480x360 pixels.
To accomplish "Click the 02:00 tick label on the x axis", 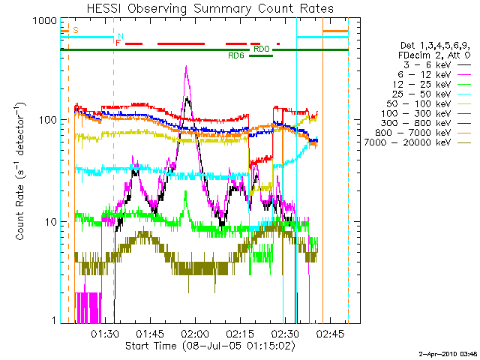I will coord(195,333).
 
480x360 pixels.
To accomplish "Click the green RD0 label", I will coord(261,49).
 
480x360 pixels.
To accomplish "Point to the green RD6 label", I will coord(236,56).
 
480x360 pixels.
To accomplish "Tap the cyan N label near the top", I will coord(121,36).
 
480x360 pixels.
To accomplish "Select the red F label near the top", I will coord(117,43).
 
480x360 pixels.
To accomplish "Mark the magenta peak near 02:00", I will coord(186,67).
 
